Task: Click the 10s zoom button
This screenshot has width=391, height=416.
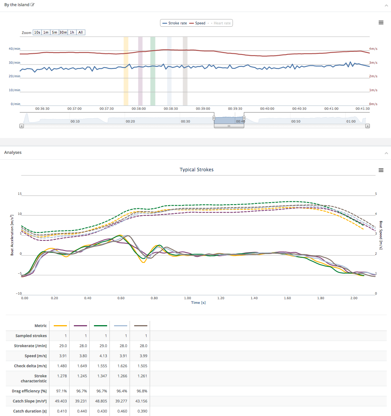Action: click(37, 32)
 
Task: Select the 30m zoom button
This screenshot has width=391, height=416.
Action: click(63, 32)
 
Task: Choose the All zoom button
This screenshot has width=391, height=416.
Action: click(80, 32)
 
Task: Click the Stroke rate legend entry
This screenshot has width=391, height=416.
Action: click(175, 23)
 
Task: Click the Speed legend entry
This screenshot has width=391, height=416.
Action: click(198, 23)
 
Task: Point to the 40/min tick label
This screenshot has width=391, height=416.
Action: click(14, 49)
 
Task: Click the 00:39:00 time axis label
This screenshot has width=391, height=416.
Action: click(203, 109)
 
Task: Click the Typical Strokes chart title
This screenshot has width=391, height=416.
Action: click(196, 170)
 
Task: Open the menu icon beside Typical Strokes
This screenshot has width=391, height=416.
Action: click(381, 170)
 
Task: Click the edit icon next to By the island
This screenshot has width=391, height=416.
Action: click(32, 5)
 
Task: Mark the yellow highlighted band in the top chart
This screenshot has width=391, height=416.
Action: click(126, 71)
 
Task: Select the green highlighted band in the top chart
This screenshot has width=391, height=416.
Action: click(153, 71)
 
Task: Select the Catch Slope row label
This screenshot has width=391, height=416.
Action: click(30, 401)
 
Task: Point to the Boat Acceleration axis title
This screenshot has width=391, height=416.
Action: click(12, 236)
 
